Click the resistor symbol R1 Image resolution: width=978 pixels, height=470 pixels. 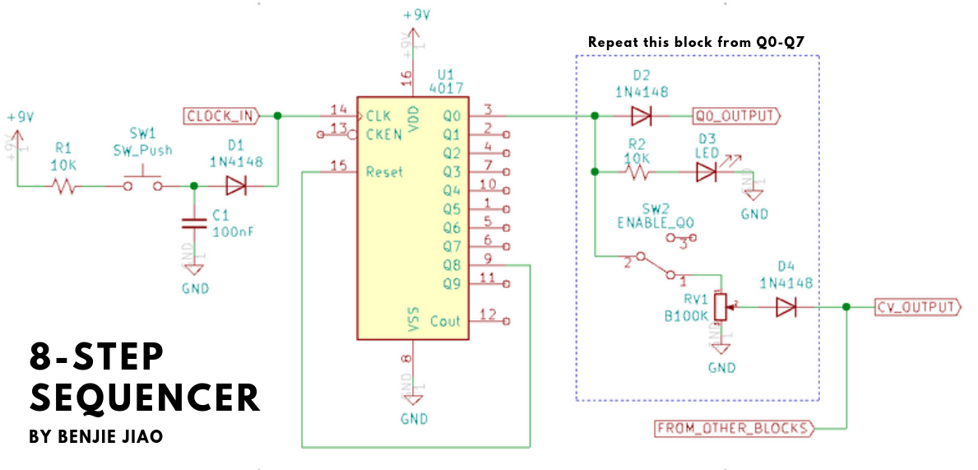(64, 187)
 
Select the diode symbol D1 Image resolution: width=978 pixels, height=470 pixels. (235, 187)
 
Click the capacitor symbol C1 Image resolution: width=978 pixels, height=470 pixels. (194, 223)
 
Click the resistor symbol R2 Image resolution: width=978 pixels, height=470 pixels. (637, 173)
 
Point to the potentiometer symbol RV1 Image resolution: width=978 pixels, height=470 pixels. (721, 306)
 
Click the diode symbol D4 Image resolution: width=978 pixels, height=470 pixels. (786, 307)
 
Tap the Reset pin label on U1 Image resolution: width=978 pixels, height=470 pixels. (384, 172)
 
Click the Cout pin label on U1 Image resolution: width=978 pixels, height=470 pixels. (445, 321)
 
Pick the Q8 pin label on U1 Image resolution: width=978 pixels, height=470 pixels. (452, 265)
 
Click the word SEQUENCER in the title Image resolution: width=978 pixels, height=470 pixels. (145, 398)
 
